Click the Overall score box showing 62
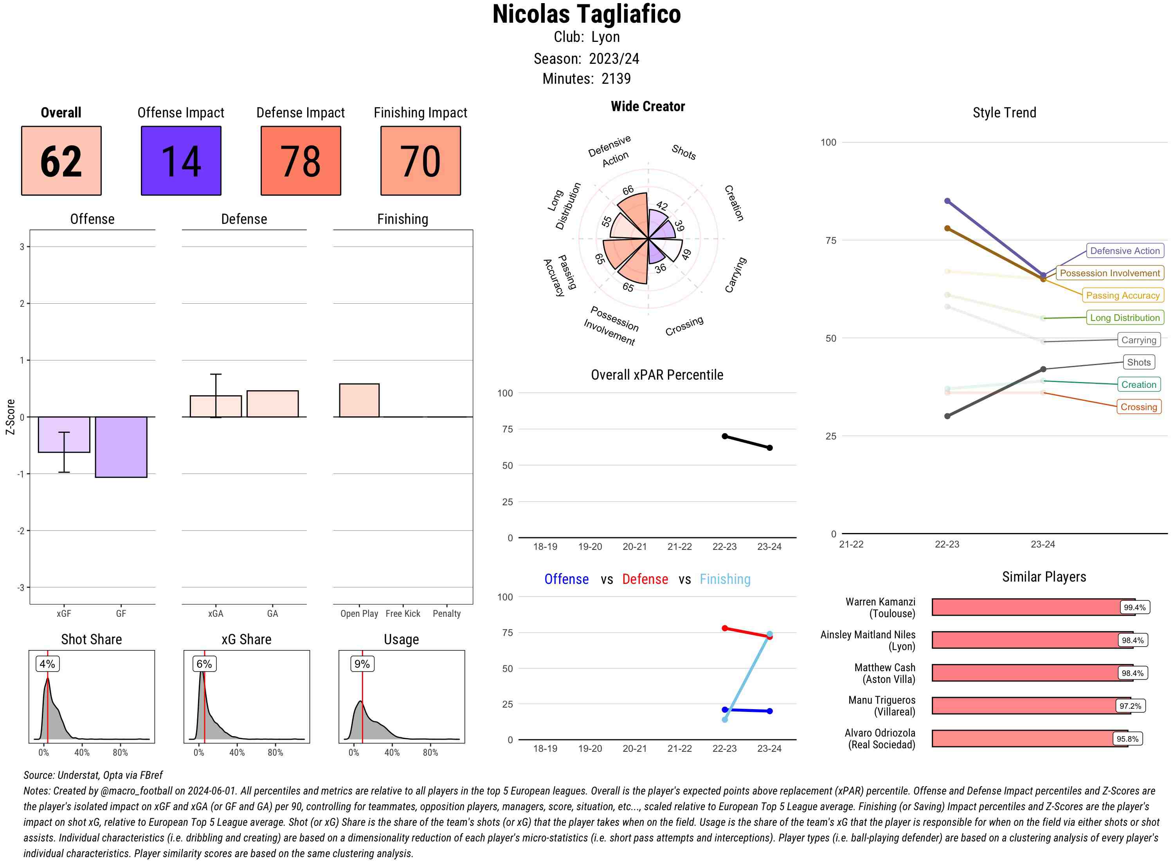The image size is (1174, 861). (x=61, y=160)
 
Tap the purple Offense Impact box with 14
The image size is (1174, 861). (x=181, y=160)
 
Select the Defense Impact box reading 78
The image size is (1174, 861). (x=301, y=160)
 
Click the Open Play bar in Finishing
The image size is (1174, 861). (x=359, y=400)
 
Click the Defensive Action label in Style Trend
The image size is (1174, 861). (x=1125, y=251)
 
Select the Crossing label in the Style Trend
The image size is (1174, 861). (x=1138, y=407)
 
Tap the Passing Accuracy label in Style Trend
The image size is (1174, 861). (x=1122, y=295)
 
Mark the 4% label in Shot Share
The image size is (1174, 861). (x=47, y=664)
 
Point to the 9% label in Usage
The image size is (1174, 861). (x=362, y=664)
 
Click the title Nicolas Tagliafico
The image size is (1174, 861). (x=586, y=14)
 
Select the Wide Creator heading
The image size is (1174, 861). (x=648, y=106)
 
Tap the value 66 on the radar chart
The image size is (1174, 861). (x=628, y=190)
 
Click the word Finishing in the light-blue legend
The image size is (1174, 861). (x=725, y=579)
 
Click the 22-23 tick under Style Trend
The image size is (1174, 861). (x=947, y=544)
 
